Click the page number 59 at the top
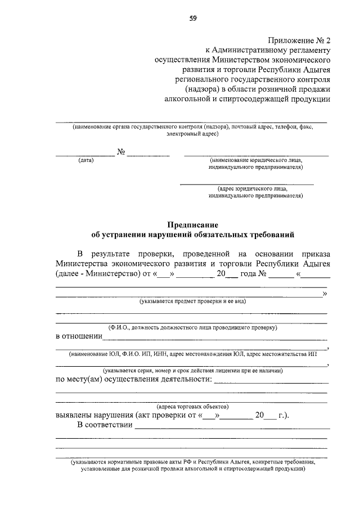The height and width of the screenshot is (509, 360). pos(192,18)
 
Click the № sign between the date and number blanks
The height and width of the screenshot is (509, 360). pos(121,152)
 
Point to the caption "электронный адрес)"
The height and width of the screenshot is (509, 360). pos(192,135)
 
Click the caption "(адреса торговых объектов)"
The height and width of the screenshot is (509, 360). pos(192,406)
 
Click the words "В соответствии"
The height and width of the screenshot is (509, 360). pos(104,426)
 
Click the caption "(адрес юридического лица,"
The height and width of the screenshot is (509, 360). pos(253,188)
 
